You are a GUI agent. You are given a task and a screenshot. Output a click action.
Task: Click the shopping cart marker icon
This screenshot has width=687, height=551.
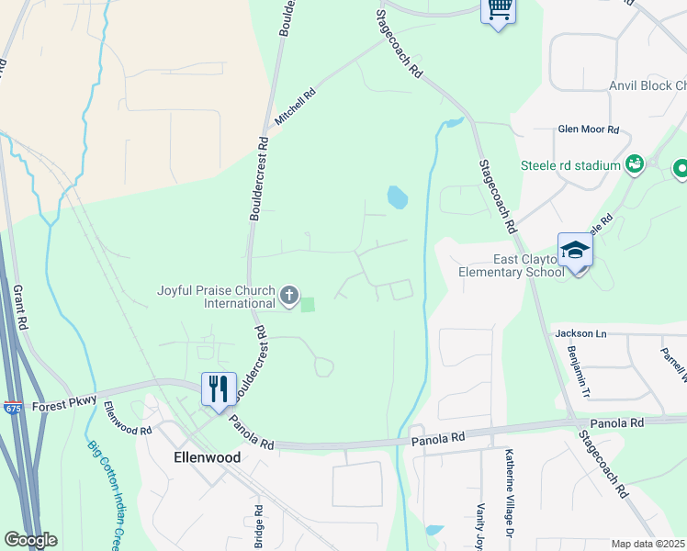(499, 10)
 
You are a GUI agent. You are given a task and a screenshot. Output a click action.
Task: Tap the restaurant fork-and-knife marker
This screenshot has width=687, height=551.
(218, 388)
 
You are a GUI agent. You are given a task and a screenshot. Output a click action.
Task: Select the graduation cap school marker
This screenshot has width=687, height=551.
(575, 250)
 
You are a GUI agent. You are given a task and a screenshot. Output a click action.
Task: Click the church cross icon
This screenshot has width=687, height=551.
(289, 296)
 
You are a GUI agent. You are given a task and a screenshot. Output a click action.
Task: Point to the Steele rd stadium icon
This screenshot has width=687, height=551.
(634, 164)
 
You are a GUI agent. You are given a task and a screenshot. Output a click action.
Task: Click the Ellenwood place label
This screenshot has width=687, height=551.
(208, 456)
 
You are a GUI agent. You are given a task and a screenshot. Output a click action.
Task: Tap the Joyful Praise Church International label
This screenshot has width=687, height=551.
(215, 297)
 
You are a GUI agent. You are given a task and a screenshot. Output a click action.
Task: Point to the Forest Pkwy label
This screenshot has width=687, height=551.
(63, 403)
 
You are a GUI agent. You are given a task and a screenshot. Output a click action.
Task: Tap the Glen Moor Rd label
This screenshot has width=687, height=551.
(589, 129)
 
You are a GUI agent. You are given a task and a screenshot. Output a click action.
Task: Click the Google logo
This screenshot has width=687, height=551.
(30, 540)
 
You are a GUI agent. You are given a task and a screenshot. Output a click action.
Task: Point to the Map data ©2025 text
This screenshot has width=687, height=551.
(648, 544)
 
